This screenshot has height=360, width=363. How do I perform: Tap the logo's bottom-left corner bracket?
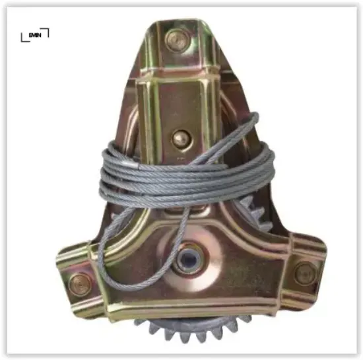tap(24, 39)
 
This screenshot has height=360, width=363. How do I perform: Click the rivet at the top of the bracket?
tap(176, 40)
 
